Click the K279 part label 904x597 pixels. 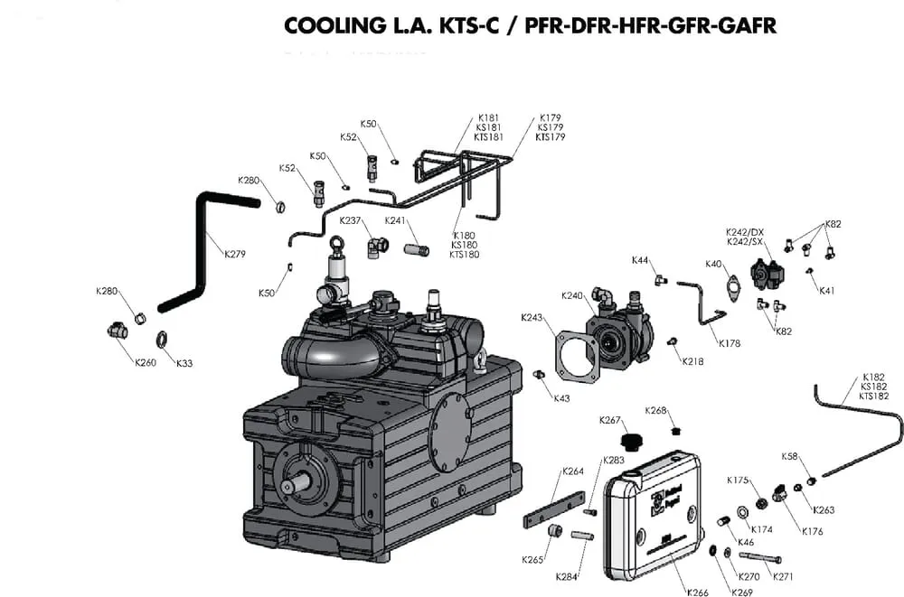tap(235, 254)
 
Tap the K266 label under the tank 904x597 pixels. tap(697, 592)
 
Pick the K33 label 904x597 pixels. tap(184, 363)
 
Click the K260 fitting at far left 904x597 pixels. tap(118, 331)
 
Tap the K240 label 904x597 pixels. tap(572, 296)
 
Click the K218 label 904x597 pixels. tap(693, 361)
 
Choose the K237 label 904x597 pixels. tap(350, 221)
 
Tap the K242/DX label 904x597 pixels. tap(745, 232)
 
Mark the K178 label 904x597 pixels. tap(730, 343)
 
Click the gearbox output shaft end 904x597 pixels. tap(288, 485)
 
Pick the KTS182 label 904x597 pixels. tap(873, 396)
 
